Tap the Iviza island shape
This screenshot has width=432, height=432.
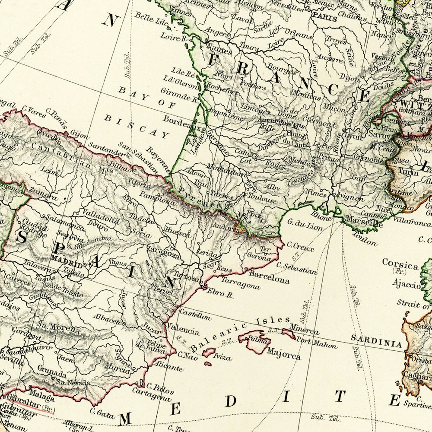(209, 353)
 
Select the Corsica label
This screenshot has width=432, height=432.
(400, 265)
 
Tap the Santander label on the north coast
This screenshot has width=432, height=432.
(104, 149)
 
